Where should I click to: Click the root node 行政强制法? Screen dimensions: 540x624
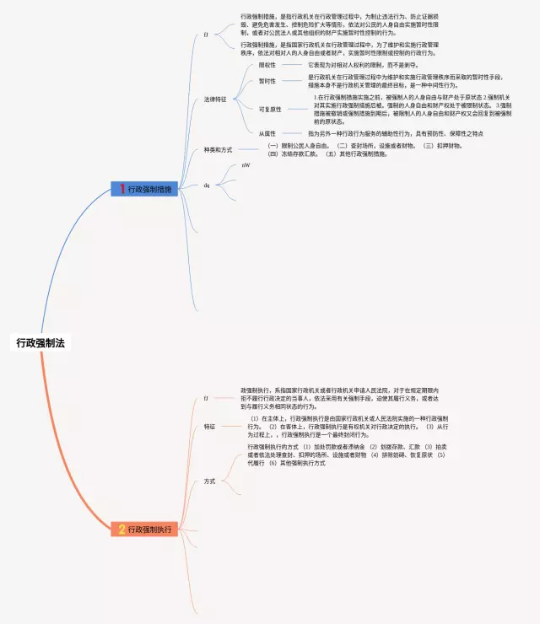40,343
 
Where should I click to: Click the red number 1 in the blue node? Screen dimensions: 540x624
121,190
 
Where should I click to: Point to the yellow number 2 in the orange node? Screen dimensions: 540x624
121,530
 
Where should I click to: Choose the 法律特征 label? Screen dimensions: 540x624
215,100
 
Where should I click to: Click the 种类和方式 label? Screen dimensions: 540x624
218,150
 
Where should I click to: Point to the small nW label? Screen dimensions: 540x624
246,165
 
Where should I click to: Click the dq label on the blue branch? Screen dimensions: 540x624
207,184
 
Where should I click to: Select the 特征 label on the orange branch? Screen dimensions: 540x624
209,428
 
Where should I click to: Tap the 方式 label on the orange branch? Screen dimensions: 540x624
209,481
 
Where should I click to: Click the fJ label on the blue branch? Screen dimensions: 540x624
207,35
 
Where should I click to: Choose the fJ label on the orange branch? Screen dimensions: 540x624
207,396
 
